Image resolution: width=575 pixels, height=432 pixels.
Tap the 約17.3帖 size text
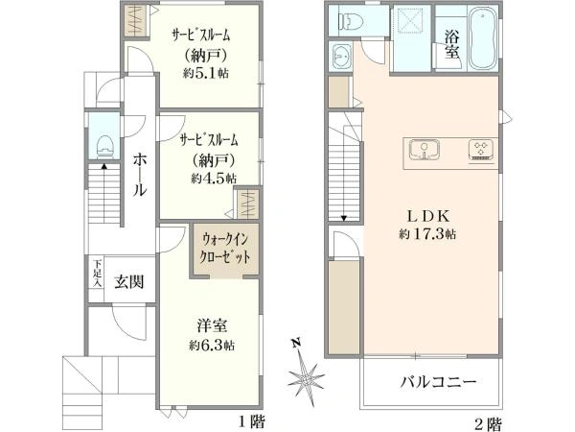pos(426,233)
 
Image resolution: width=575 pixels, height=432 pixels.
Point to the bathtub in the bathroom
pos(483,38)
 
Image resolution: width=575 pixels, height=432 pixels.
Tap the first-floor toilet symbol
pos(104,145)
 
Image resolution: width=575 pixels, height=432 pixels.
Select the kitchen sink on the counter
pos(423,152)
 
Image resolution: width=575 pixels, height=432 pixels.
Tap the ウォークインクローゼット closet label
pos(226,250)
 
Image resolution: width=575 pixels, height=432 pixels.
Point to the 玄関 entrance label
pos(129,281)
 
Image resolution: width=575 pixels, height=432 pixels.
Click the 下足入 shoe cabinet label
pos(98,270)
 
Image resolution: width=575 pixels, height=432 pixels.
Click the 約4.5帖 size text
pos(213,178)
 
